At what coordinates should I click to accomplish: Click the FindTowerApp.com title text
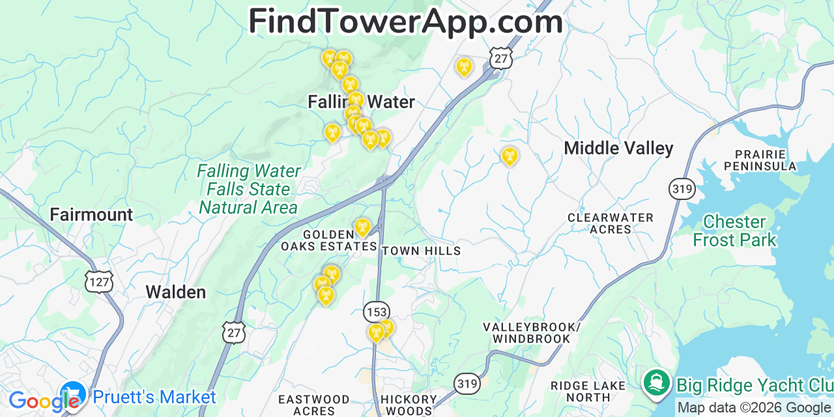[405, 22]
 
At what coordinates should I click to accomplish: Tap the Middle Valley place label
[618, 149]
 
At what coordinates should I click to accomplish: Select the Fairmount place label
[91, 215]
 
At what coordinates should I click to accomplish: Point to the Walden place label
[176, 292]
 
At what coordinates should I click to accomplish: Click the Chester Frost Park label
[734, 231]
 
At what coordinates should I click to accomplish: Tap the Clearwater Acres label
[611, 223]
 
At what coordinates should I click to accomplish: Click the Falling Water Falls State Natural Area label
[248, 190]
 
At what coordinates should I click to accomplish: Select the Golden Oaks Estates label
[328, 240]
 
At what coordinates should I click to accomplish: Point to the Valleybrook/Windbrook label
[531, 332]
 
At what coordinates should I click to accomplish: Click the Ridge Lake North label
[588, 391]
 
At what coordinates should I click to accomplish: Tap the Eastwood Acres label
[313, 405]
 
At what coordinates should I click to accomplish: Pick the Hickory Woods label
[409, 405]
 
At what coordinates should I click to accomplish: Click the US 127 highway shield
[98, 281]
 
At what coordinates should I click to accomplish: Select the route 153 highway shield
[376, 311]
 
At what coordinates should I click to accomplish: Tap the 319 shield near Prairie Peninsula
[682, 190]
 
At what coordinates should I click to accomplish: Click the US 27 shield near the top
[501, 58]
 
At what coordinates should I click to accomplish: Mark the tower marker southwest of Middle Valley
[510, 156]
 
